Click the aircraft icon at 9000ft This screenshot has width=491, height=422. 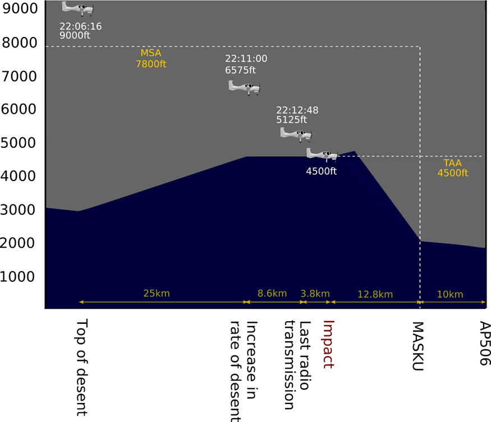pos(77,8)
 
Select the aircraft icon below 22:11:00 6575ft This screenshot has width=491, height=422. pos(244,86)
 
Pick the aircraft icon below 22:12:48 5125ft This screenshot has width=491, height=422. pos(296,133)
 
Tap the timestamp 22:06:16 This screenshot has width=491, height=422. pos(81,26)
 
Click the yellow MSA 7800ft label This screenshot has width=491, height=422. pos(151,59)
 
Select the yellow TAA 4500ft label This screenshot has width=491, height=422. pos(452,168)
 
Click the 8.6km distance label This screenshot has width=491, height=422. pos(272,293)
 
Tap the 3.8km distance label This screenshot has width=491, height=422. pos(315,293)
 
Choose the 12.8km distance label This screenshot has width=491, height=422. pos(375,294)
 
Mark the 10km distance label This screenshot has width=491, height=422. pos(450,294)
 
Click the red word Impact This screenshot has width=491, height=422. pos(329,344)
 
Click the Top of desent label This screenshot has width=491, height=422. pos(81,367)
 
